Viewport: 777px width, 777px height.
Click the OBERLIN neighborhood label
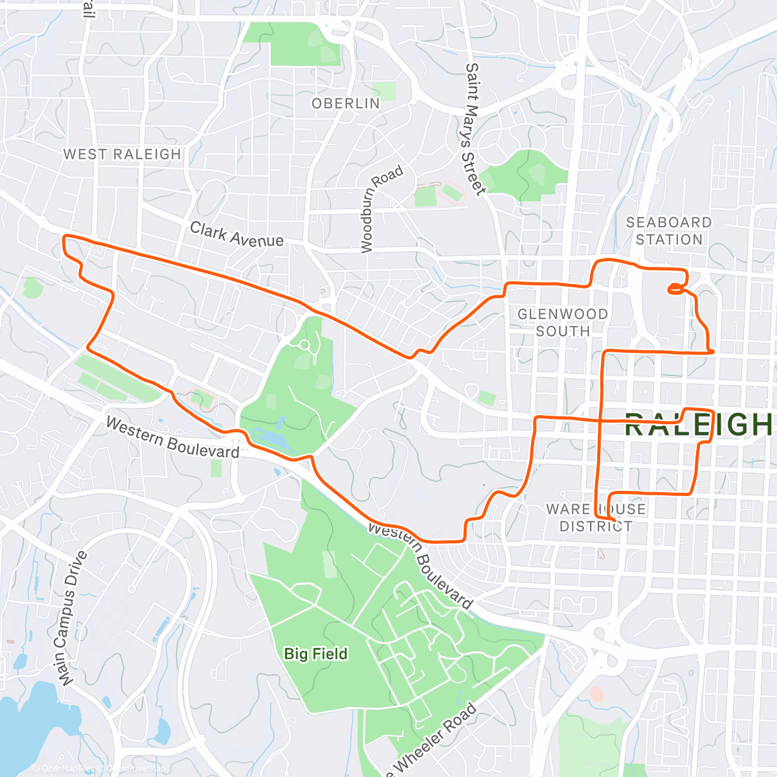[x=346, y=104]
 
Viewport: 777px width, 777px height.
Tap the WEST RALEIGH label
[x=122, y=154]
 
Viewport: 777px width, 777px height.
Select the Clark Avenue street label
[x=236, y=234]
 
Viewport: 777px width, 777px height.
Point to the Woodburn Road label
[x=381, y=208]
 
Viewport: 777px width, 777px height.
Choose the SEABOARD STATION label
[x=669, y=231]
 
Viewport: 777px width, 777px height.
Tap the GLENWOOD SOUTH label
[x=562, y=322]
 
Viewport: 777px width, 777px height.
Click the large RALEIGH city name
[x=699, y=425]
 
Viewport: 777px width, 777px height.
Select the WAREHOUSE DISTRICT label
[x=596, y=517]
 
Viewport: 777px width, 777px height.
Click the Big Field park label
[x=316, y=654]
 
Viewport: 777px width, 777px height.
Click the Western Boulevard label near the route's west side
[x=172, y=438]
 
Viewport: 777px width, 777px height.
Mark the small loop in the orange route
[x=675, y=288]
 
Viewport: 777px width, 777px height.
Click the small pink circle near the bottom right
[x=596, y=695]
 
